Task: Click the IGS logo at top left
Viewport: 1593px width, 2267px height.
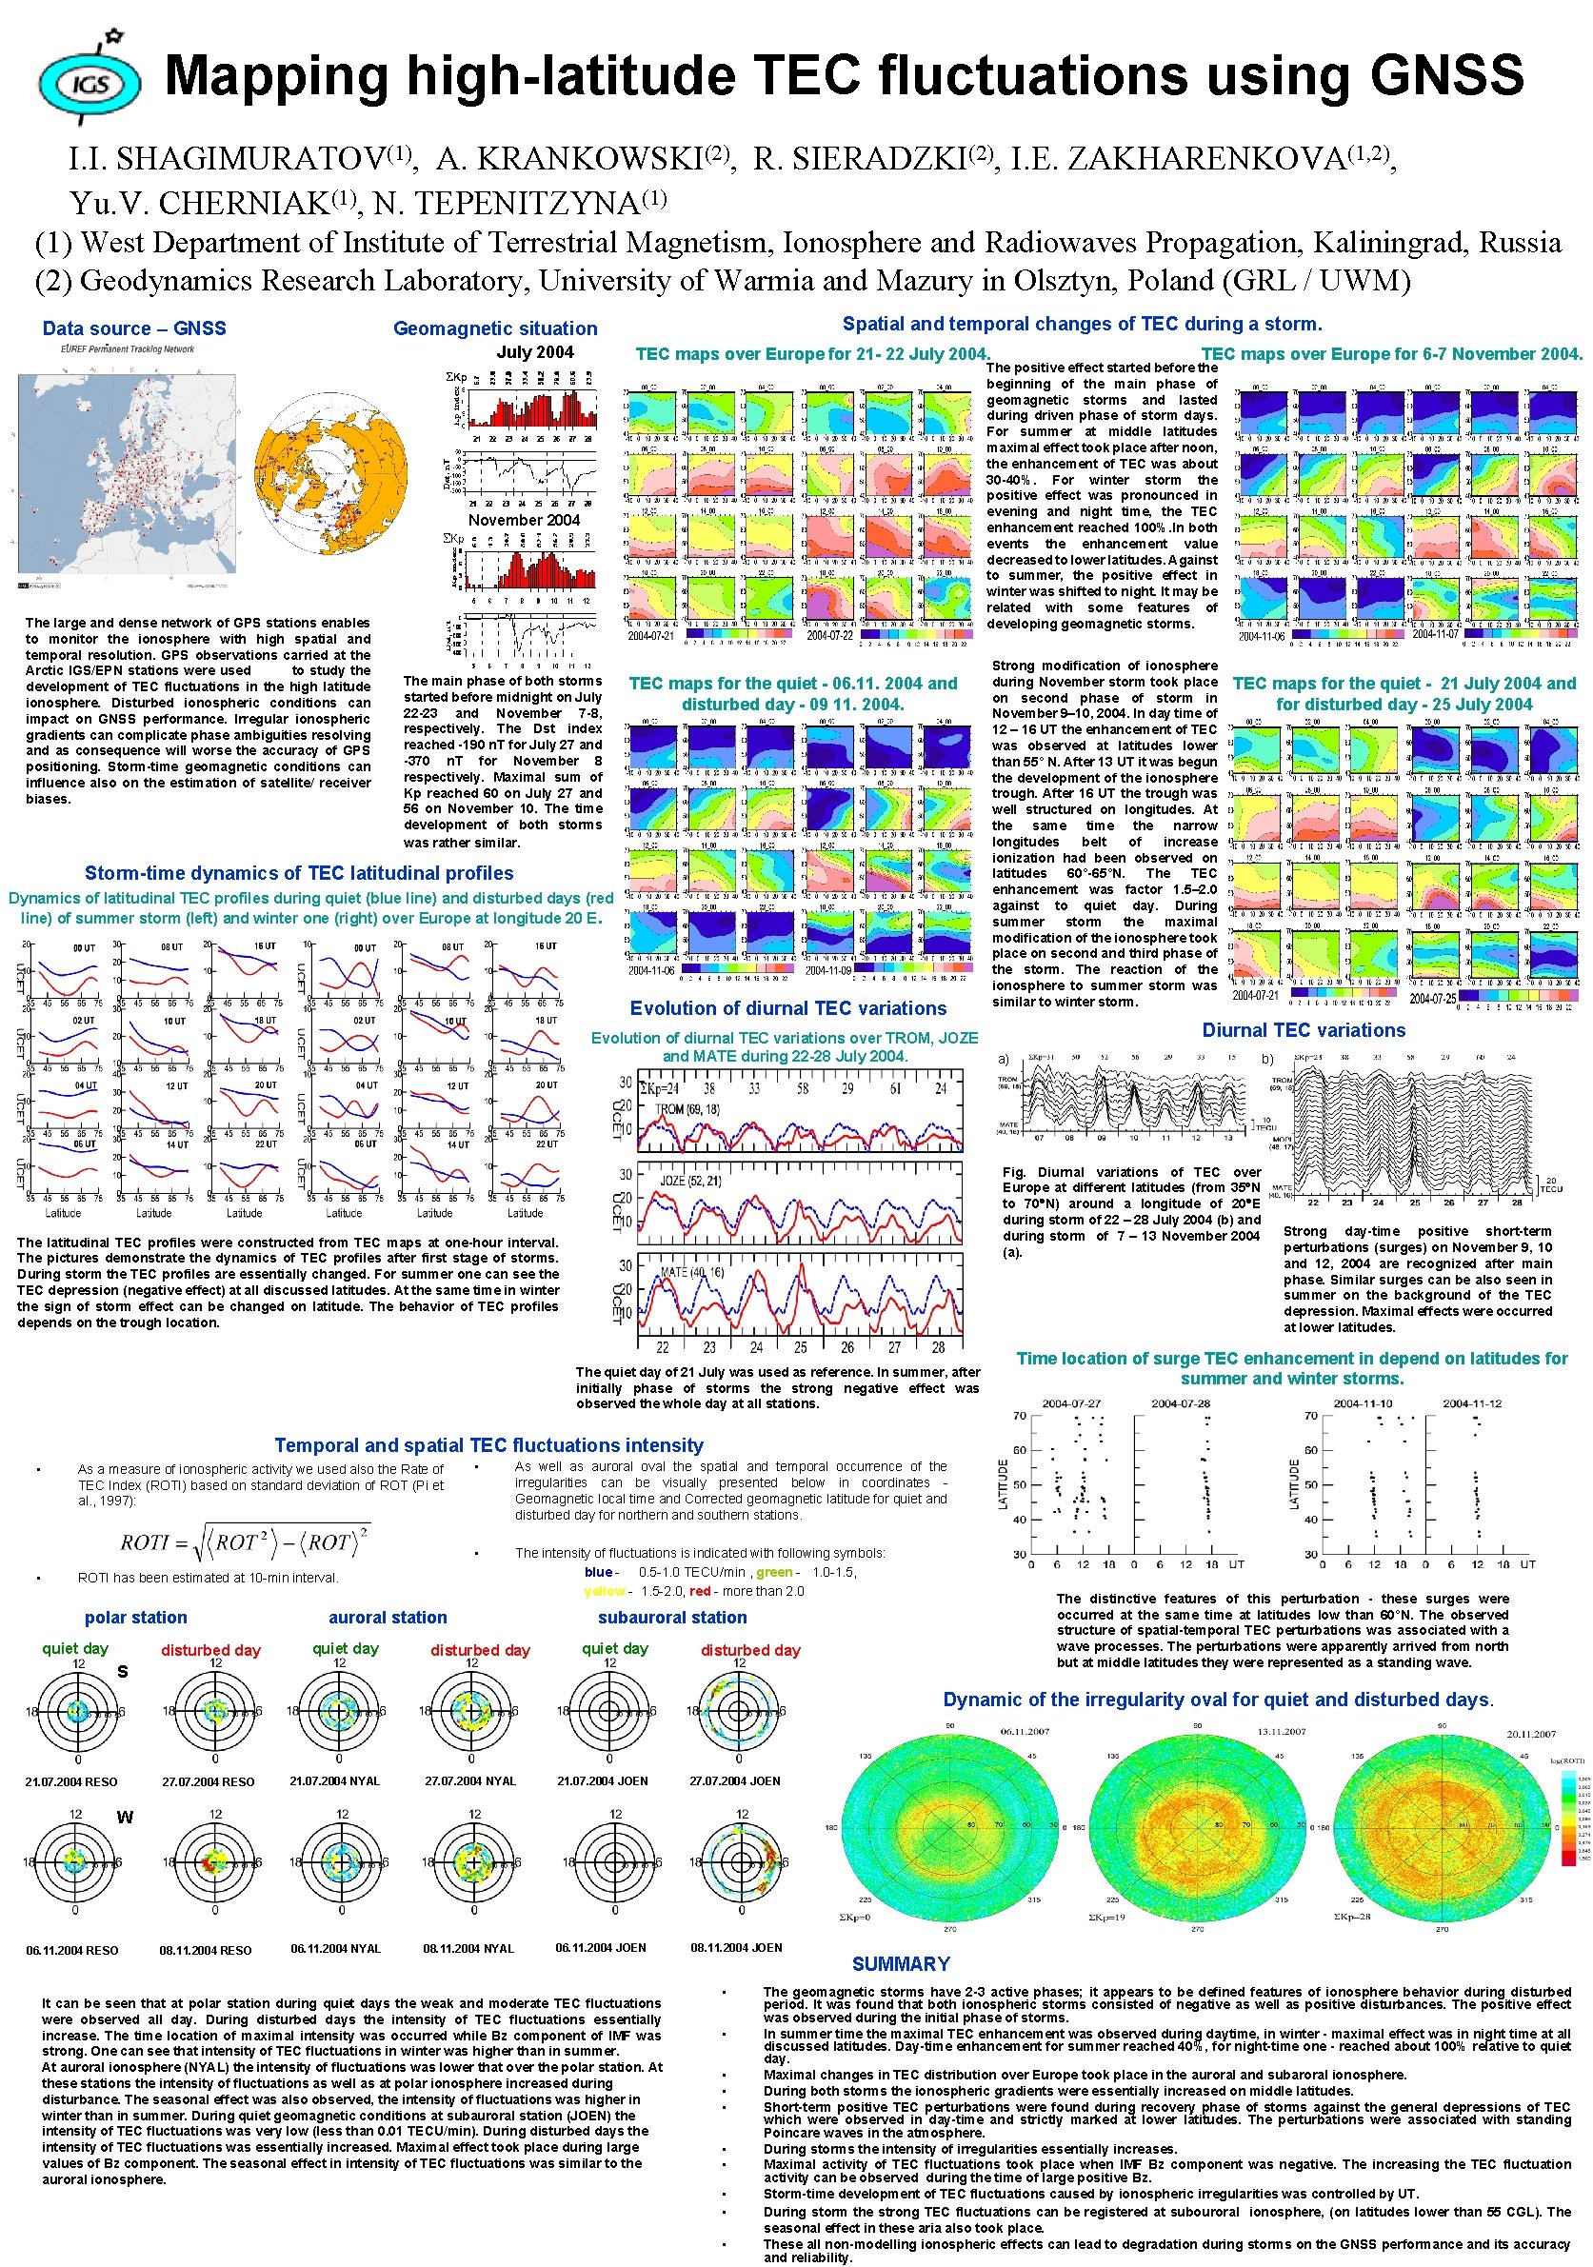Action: [89, 81]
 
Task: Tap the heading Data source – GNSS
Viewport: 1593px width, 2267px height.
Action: [134, 328]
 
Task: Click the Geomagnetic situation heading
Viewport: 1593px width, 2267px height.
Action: [494, 328]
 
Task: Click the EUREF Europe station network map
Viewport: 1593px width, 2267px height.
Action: [127, 473]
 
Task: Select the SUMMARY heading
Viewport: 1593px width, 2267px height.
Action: [900, 1964]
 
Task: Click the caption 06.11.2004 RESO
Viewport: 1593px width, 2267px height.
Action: [72, 1950]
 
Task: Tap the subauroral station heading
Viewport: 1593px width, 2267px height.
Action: [671, 1618]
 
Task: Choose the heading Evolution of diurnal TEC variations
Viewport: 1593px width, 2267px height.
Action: [787, 1008]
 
